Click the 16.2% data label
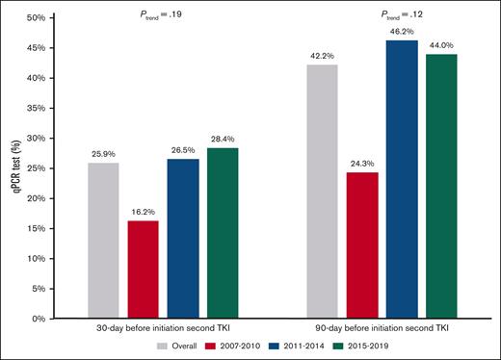tap(142, 213)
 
